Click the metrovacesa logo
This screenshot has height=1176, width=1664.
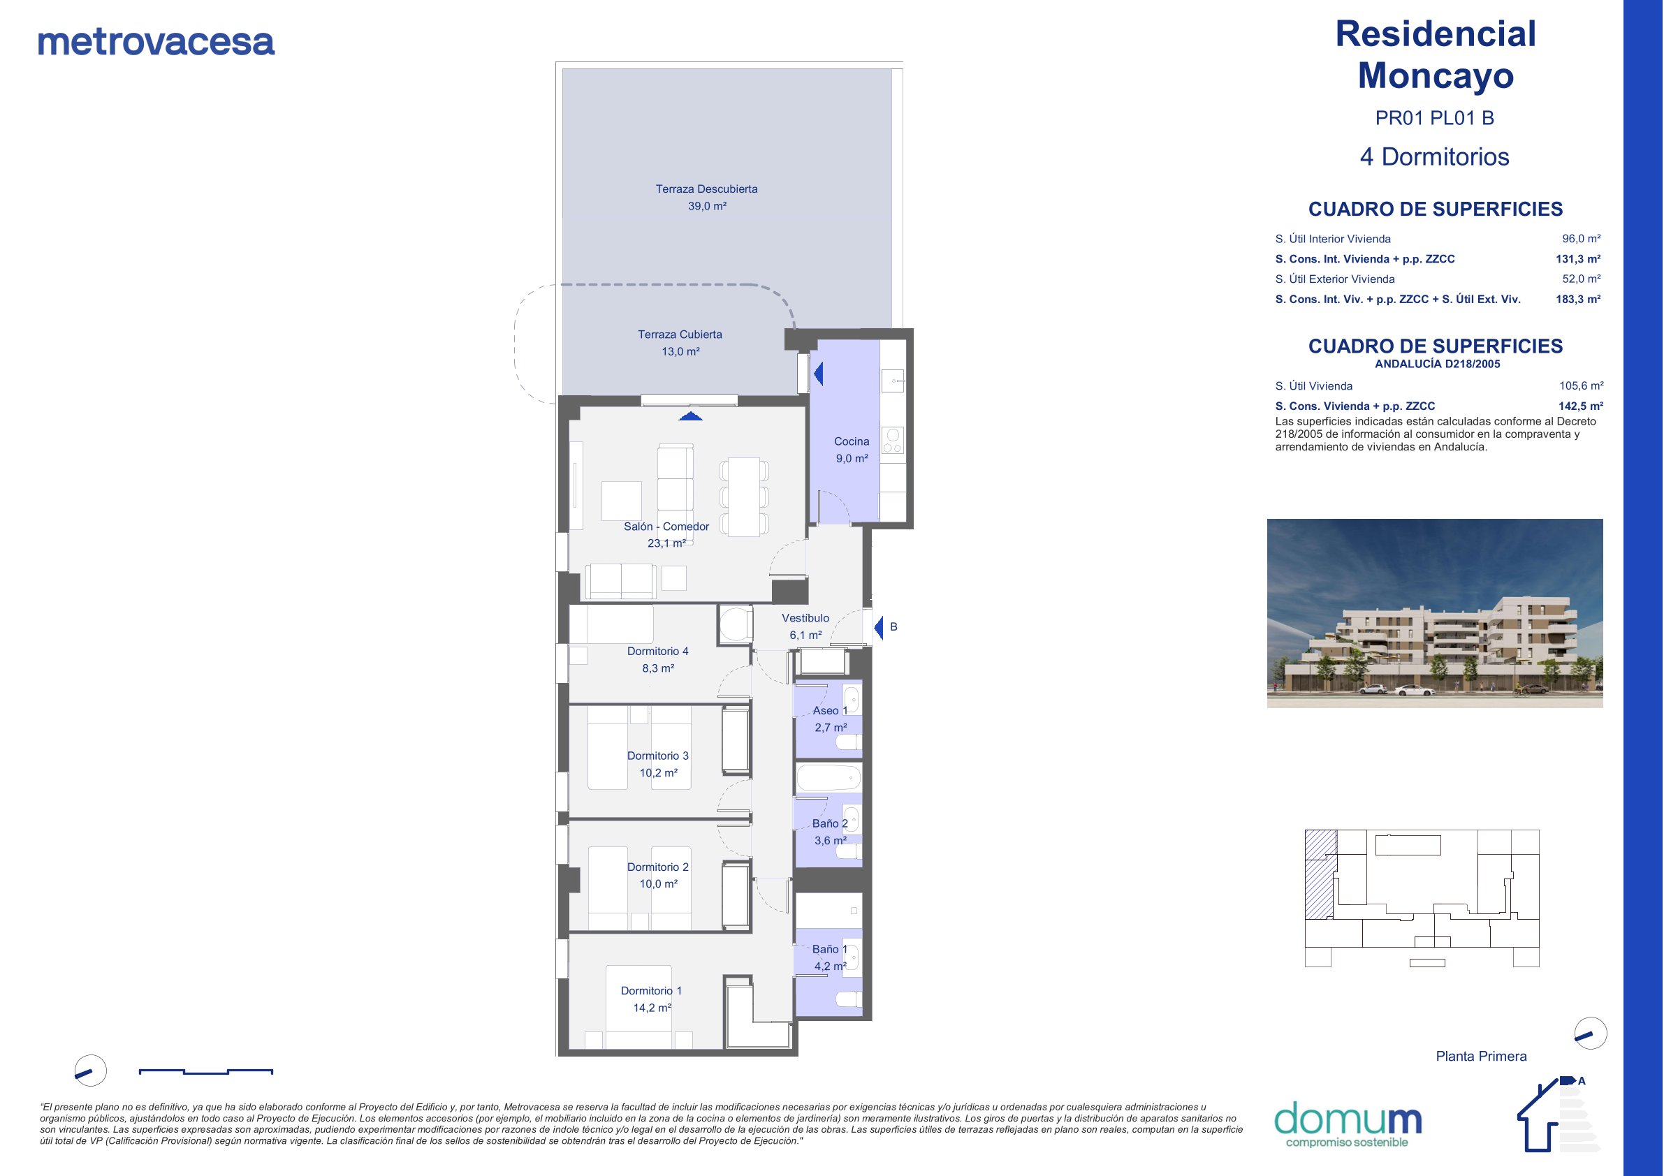pyautogui.click(x=156, y=42)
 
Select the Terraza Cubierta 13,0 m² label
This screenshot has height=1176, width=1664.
pyautogui.click(x=680, y=343)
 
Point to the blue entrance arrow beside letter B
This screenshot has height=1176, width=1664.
pyautogui.click(x=878, y=628)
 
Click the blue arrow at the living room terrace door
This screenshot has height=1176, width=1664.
pyautogui.click(x=691, y=416)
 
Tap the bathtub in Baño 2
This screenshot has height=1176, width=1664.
pyautogui.click(x=829, y=778)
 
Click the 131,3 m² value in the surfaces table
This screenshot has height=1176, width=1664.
pyautogui.click(x=1578, y=258)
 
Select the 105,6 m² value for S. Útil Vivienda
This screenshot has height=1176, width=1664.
pyautogui.click(x=1581, y=386)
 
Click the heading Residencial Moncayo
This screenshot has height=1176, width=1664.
pyautogui.click(x=1435, y=54)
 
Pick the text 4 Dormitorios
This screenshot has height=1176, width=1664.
pyautogui.click(x=1434, y=156)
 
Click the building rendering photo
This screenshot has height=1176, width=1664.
pyautogui.click(x=1434, y=613)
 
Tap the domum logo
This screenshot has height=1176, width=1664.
pyautogui.click(x=1348, y=1124)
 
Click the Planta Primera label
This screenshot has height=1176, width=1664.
pyautogui.click(x=1481, y=1057)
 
